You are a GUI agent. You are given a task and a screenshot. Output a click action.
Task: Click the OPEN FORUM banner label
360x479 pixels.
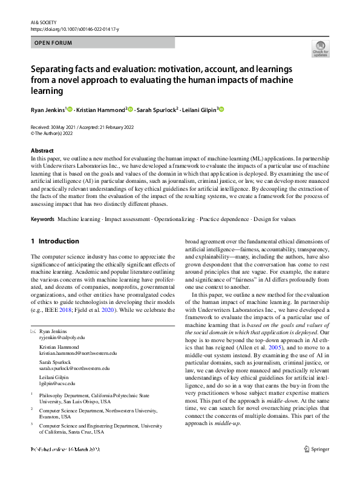(53, 43)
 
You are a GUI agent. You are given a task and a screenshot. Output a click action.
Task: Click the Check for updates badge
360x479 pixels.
(320, 48)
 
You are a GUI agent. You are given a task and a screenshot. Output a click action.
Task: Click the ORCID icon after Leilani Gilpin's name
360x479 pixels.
(221, 109)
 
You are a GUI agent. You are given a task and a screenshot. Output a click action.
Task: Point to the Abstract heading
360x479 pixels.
(42, 150)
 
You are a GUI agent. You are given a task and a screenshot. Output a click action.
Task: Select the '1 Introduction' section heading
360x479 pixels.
(54, 241)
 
